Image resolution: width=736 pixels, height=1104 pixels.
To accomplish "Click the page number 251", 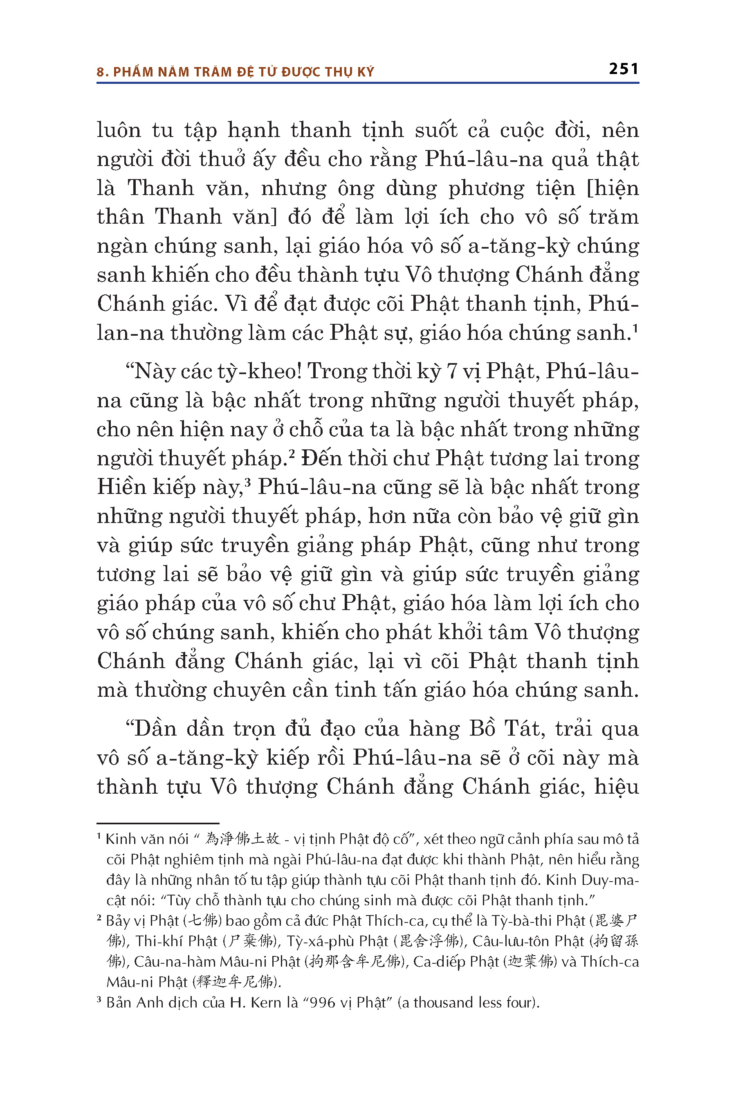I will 623,69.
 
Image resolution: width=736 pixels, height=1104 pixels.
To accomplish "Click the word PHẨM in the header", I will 133,72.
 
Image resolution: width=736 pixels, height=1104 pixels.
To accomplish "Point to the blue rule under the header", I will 368,83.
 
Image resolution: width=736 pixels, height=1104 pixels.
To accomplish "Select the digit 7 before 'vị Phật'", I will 451,372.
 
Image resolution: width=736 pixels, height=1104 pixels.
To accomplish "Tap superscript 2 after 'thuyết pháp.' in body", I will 291,453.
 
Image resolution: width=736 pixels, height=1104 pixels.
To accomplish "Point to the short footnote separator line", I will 158,823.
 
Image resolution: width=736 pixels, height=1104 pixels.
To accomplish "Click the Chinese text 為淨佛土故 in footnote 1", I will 242,839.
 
